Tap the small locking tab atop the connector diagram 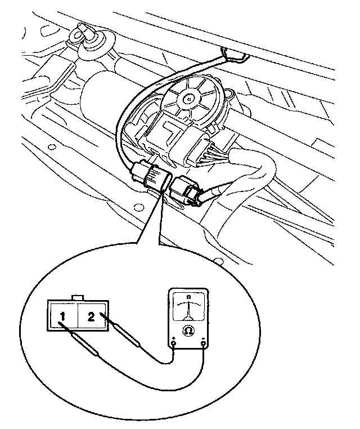(x=78, y=297)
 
